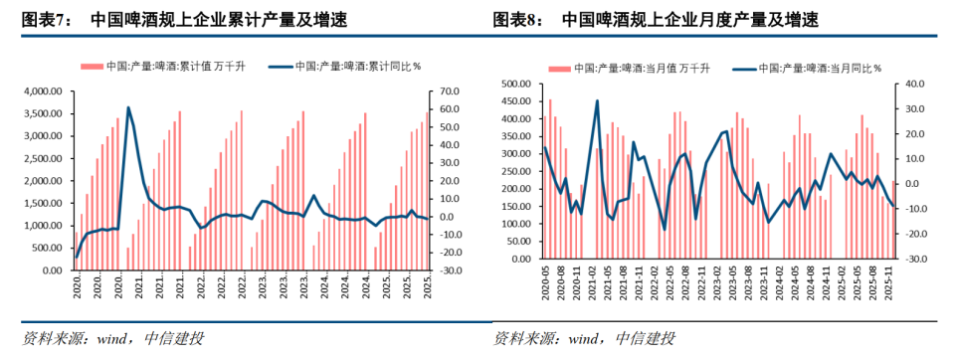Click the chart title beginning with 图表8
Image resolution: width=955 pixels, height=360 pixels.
click(x=656, y=19)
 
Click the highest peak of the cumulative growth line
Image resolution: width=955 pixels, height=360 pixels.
click(x=128, y=107)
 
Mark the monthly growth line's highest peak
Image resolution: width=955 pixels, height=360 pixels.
click(x=597, y=100)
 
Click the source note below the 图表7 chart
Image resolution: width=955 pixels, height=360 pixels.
click(x=113, y=339)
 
